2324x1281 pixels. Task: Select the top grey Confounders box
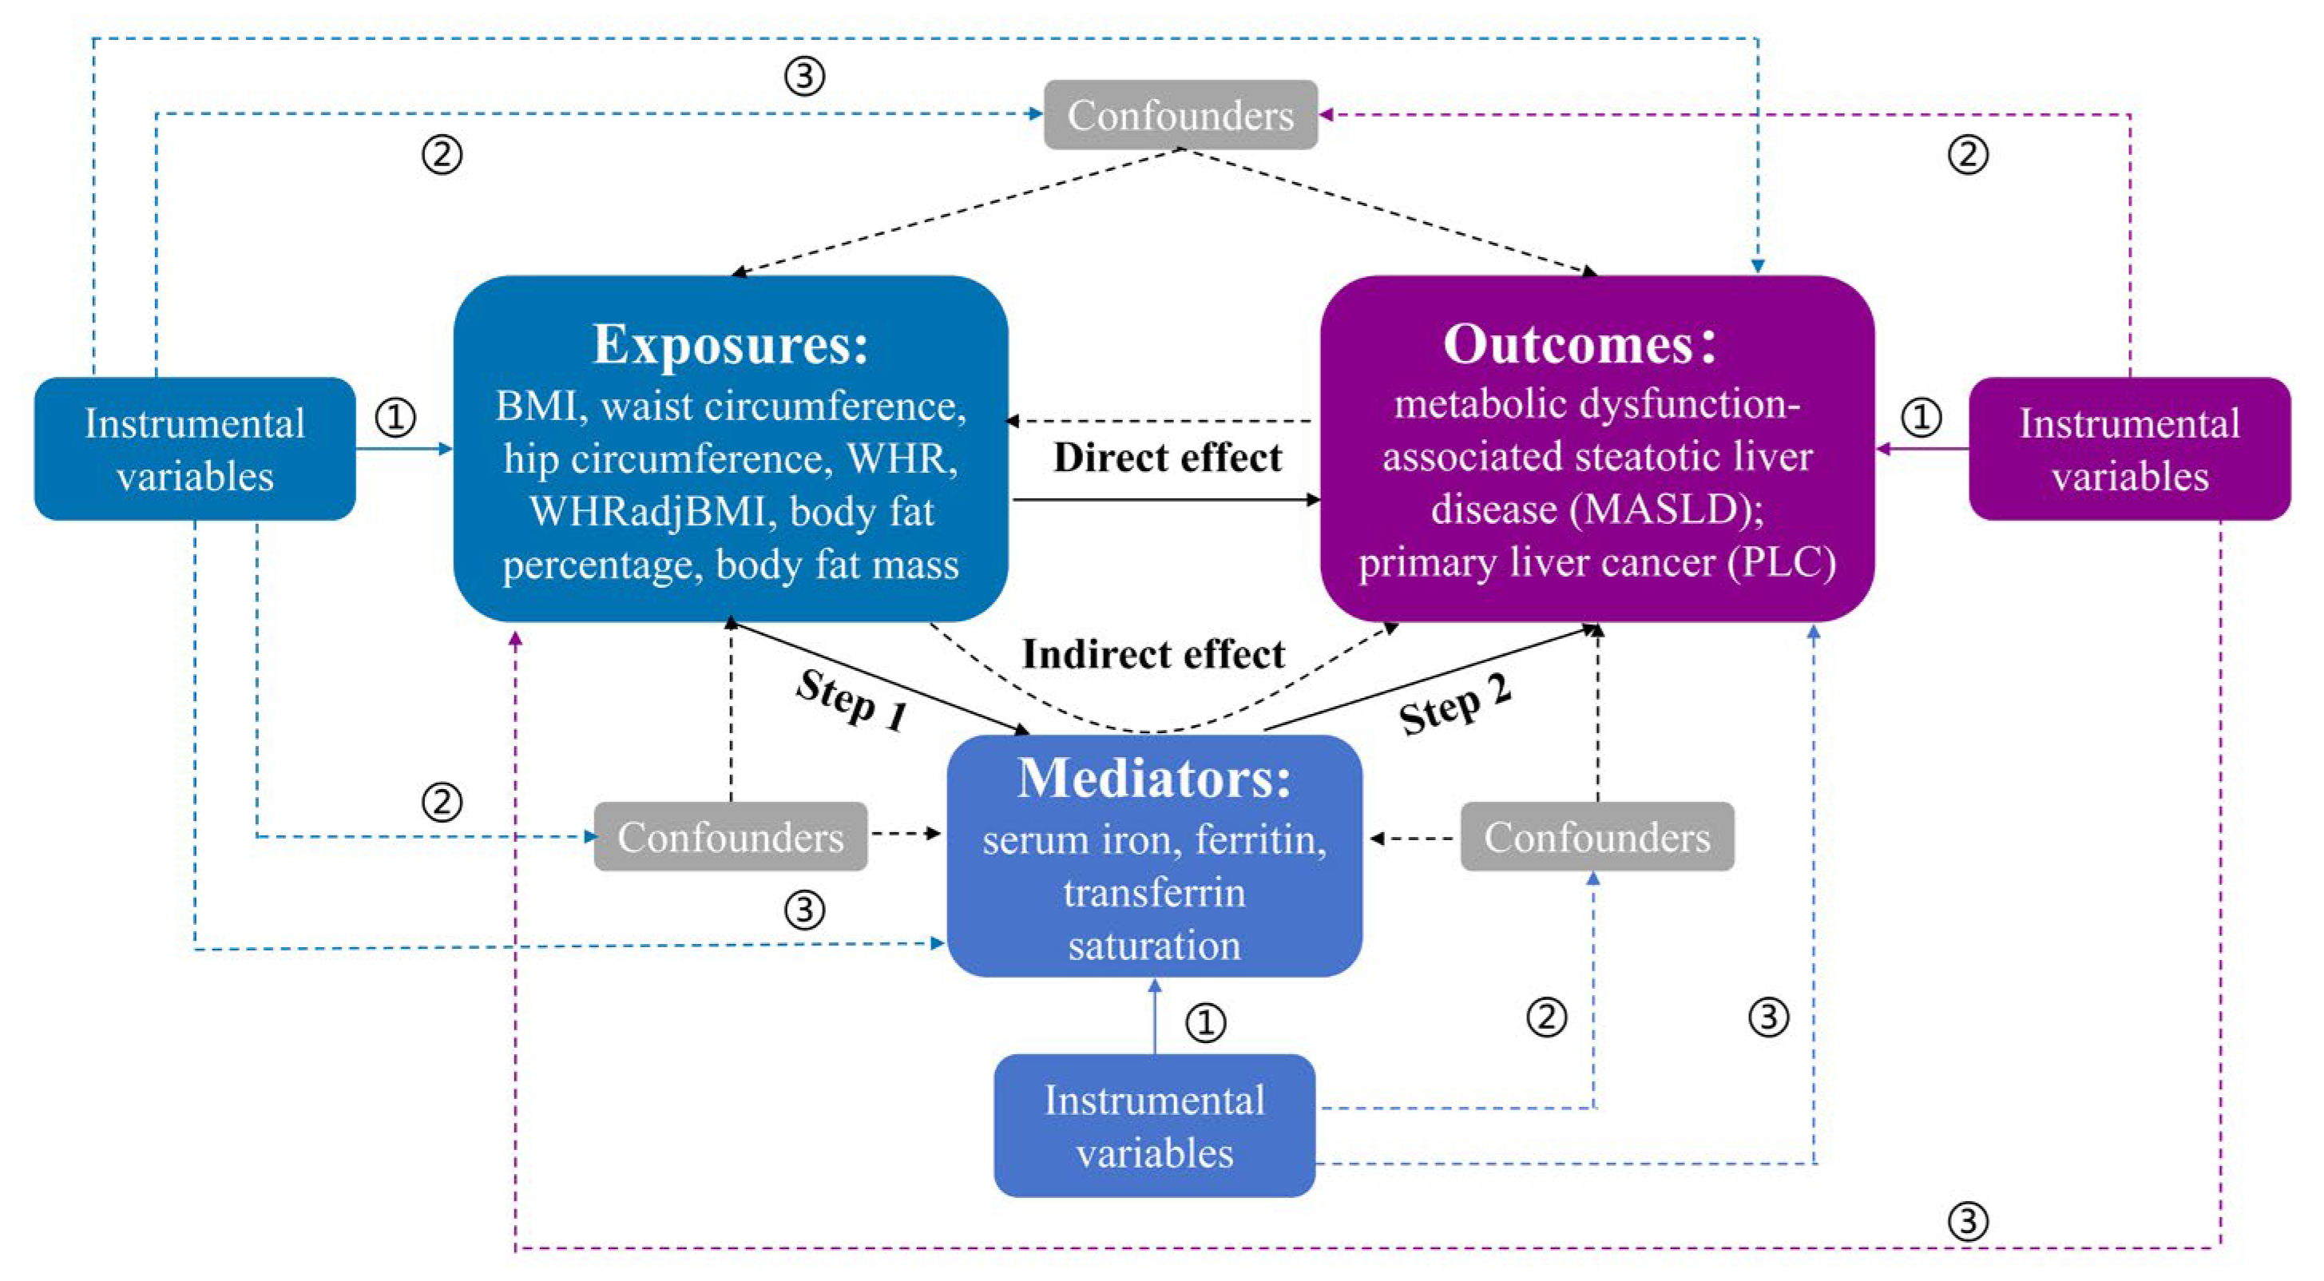click(1180, 114)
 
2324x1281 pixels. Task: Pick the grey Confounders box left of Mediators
click(730, 836)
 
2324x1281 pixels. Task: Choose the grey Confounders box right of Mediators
click(1596, 836)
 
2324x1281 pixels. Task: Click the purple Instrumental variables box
click(2129, 448)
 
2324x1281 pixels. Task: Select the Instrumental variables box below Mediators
click(1154, 1125)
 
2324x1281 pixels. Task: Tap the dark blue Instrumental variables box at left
click(195, 448)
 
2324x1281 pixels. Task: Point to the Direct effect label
click(1167, 458)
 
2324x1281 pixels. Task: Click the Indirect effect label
click(1152, 654)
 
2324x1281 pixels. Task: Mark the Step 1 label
click(851, 701)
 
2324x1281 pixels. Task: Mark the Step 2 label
click(1454, 704)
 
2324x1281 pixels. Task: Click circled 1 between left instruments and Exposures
click(395, 417)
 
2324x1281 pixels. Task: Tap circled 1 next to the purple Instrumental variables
click(1921, 417)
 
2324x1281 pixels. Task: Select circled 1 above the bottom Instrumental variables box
click(1205, 1022)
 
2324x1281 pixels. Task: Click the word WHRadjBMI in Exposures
click(646, 511)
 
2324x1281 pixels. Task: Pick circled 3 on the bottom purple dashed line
click(1968, 1221)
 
